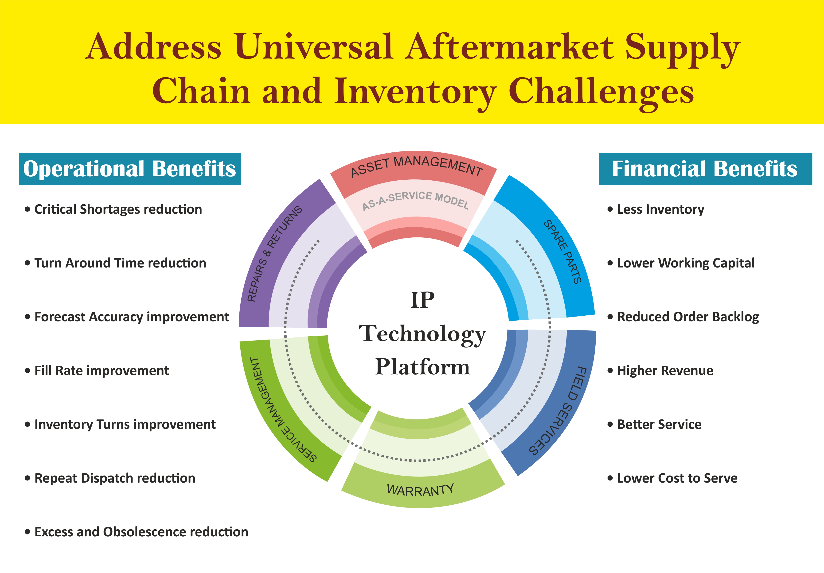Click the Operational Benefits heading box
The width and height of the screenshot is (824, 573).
click(130, 169)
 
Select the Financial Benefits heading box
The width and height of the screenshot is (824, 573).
click(705, 169)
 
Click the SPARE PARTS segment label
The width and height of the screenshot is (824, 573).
click(562, 252)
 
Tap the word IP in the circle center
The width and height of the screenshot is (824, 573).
click(422, 300)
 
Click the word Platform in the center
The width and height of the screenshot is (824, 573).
click(422, 367)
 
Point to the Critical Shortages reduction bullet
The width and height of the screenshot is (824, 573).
click(113, 209)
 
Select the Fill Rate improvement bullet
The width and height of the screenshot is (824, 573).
click(97, 371)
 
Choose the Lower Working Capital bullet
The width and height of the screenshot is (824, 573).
click(681, 263)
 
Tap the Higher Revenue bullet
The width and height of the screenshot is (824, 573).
click(660, 371)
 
